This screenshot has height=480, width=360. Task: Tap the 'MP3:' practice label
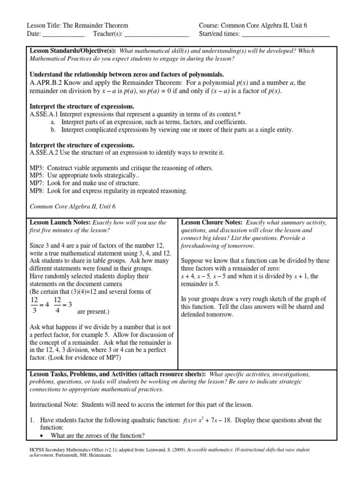[37, 168]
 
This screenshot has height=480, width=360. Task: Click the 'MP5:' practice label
[37, 175]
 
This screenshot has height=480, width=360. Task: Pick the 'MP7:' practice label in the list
[37, 183]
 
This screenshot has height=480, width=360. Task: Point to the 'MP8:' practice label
[37, 191]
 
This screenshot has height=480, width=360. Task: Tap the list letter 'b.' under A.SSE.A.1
[53, 130]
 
